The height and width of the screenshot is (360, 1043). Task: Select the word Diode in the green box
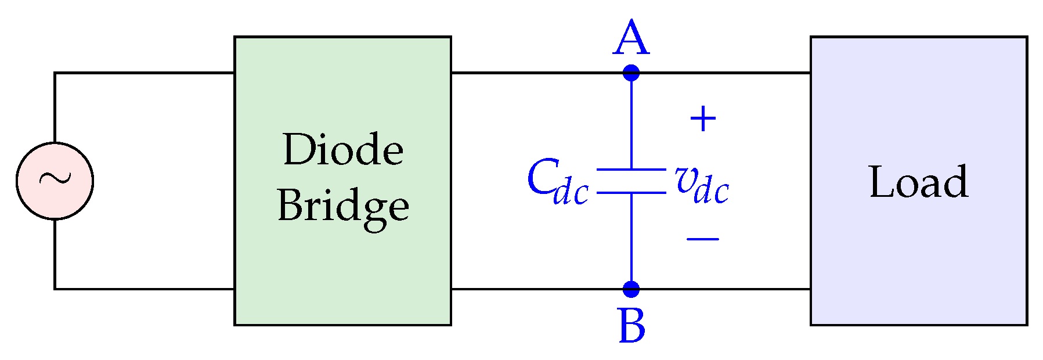(343, 150)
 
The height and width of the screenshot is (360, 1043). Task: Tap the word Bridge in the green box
(343, 207)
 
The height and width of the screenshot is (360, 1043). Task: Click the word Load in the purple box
(918, 182)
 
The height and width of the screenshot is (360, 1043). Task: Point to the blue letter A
(631, 38)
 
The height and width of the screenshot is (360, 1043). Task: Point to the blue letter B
(631, 326)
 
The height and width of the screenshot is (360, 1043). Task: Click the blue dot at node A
(631, 73)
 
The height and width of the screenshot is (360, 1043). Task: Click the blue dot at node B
(631, 289)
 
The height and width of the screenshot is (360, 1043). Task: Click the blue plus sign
(703, 119)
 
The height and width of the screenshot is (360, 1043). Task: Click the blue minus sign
(703, 239)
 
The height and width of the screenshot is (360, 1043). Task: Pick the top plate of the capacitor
(631, 170)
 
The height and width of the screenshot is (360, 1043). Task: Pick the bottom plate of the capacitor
(631, 192)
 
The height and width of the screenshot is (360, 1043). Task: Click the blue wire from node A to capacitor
(631, 122)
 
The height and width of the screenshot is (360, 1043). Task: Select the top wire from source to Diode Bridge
(145, 73)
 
